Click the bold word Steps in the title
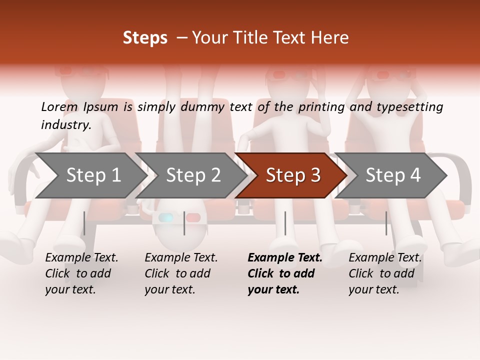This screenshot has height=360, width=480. tap(145, 38)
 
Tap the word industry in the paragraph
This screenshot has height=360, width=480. tap(65, 124)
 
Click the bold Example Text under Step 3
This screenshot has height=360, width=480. tap(285, 258)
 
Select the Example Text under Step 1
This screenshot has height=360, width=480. tap(81, 258)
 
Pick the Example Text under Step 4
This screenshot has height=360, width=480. tap(385, 258)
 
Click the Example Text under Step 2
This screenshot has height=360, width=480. tap(181, 258)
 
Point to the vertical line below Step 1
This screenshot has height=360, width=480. tap(84, 223)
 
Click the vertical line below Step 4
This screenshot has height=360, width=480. tap(386, 223)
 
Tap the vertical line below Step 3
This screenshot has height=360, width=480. tap(285, 223)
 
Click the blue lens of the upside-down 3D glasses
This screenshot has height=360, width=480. tap(166, 218)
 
